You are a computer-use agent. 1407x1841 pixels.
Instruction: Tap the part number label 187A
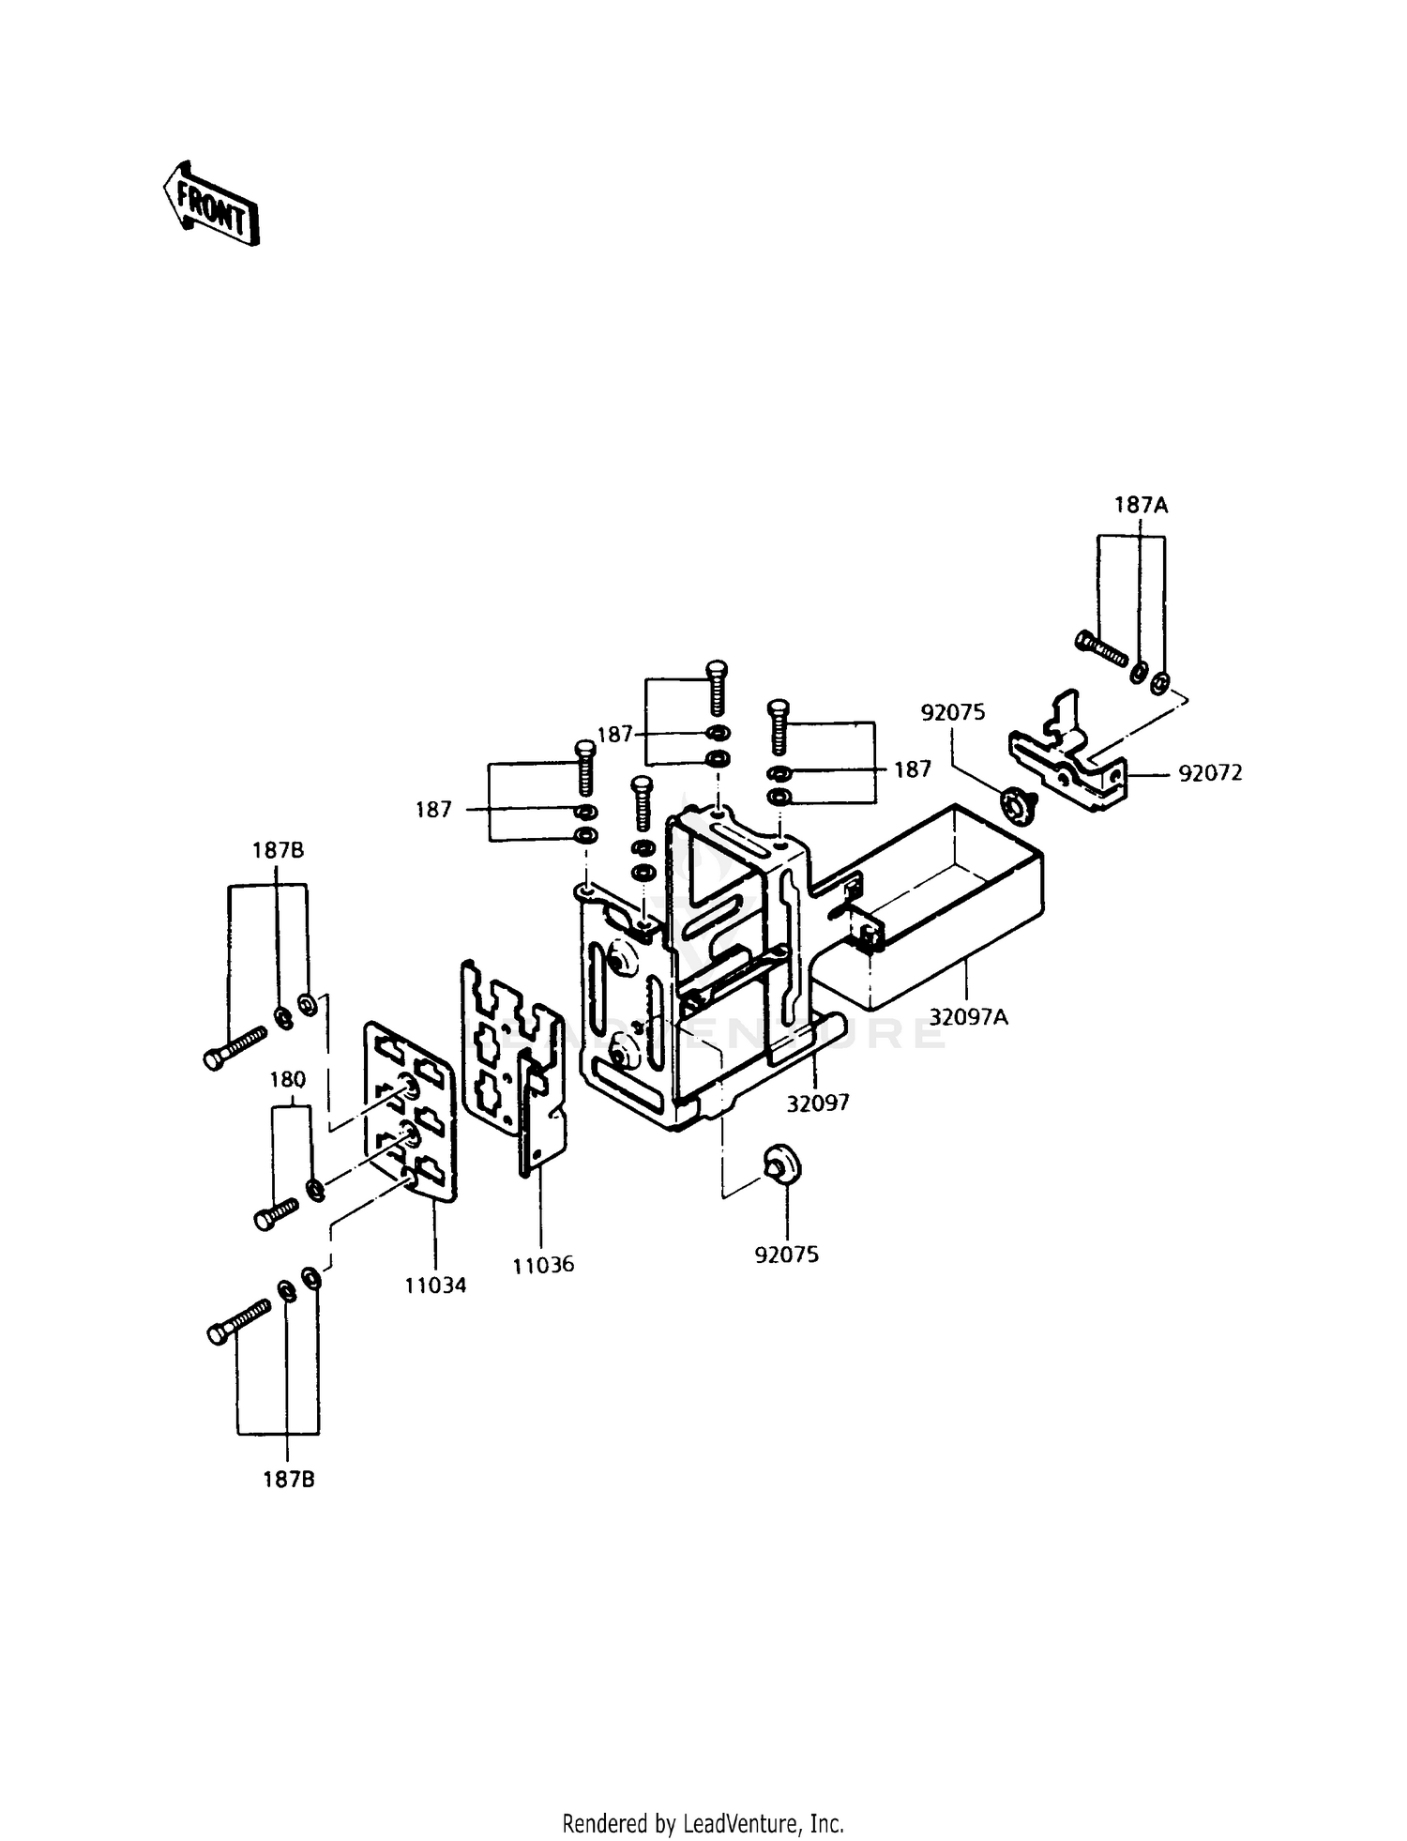tap(1141, 505)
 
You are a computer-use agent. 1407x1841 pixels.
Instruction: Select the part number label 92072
tap(1210, 773)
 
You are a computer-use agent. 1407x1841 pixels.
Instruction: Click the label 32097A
tap(969, 1015)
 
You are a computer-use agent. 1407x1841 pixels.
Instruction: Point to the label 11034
tap(435, 1285)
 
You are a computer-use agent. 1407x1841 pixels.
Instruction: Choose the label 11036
tap(543, 1264)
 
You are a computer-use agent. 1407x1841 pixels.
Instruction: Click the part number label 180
tap(287, 1080)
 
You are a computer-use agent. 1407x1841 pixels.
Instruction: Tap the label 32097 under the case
tap(818, 1103)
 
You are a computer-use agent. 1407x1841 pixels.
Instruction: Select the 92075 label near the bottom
tap(786, 1255)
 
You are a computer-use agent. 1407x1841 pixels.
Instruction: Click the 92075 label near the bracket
tap(953, 712)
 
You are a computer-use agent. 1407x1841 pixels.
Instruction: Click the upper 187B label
tap(278, 851)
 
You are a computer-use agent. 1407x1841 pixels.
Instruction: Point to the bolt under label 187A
tap(1099, 647)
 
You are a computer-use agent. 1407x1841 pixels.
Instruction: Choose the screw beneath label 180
tap(276, 1214)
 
